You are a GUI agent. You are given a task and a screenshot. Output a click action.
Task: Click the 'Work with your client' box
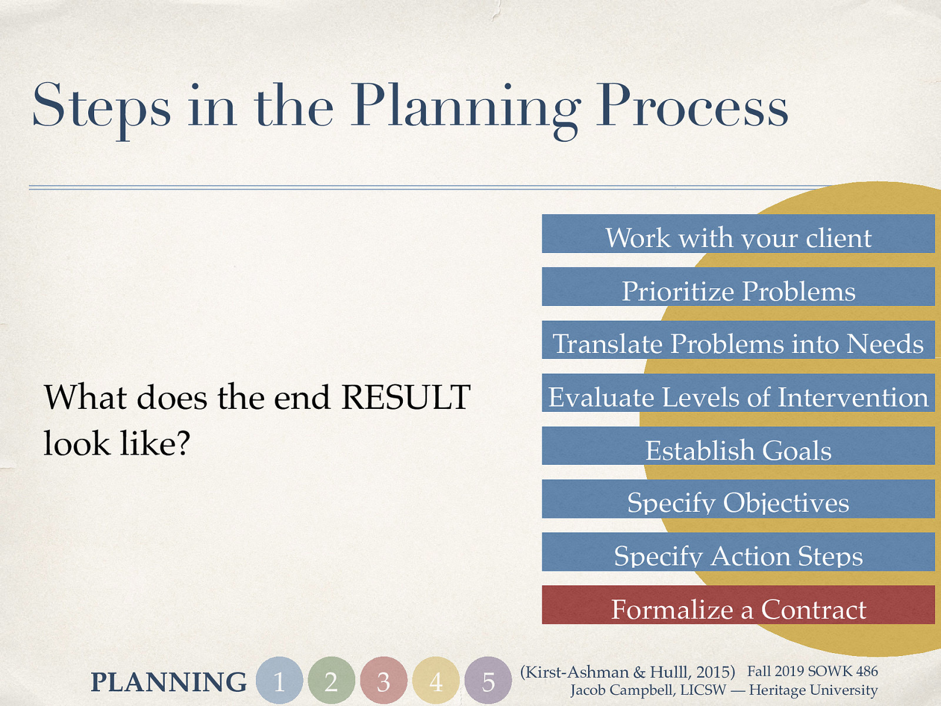pos(738,234)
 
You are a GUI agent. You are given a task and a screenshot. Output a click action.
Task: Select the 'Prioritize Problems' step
pos(738,287)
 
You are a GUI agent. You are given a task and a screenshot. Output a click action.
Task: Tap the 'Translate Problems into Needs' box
pos(738,340)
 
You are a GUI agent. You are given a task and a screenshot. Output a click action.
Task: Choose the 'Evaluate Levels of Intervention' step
pos(738,393)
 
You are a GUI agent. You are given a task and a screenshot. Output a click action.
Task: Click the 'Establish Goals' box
pos(738,446)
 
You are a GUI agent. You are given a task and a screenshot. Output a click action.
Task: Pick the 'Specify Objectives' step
pos(738,499)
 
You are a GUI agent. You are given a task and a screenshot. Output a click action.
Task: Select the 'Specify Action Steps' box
pos(738,552)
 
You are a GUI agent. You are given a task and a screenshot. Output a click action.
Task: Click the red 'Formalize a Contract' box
pos(738,605)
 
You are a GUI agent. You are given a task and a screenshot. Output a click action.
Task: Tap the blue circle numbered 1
pos(279,681)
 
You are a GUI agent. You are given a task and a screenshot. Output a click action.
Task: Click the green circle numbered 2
pos(331,681)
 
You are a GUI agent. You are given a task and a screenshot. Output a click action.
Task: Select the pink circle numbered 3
pos(383,681)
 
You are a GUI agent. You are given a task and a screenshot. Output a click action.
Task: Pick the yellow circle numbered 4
pos(436,681)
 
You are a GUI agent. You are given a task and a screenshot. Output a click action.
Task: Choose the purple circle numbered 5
pos(488,681)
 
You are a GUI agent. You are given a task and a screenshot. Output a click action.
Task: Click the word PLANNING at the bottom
pos(169,682)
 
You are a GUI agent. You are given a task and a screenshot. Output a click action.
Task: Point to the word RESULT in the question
pos(406,397)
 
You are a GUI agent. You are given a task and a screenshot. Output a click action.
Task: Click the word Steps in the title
pos(101,106)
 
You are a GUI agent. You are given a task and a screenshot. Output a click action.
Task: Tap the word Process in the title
pos(692,106)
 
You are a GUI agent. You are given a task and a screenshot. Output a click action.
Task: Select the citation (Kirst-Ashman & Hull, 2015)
pos(628,672)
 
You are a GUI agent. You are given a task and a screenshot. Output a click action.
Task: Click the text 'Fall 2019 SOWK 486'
pos(812,671)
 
